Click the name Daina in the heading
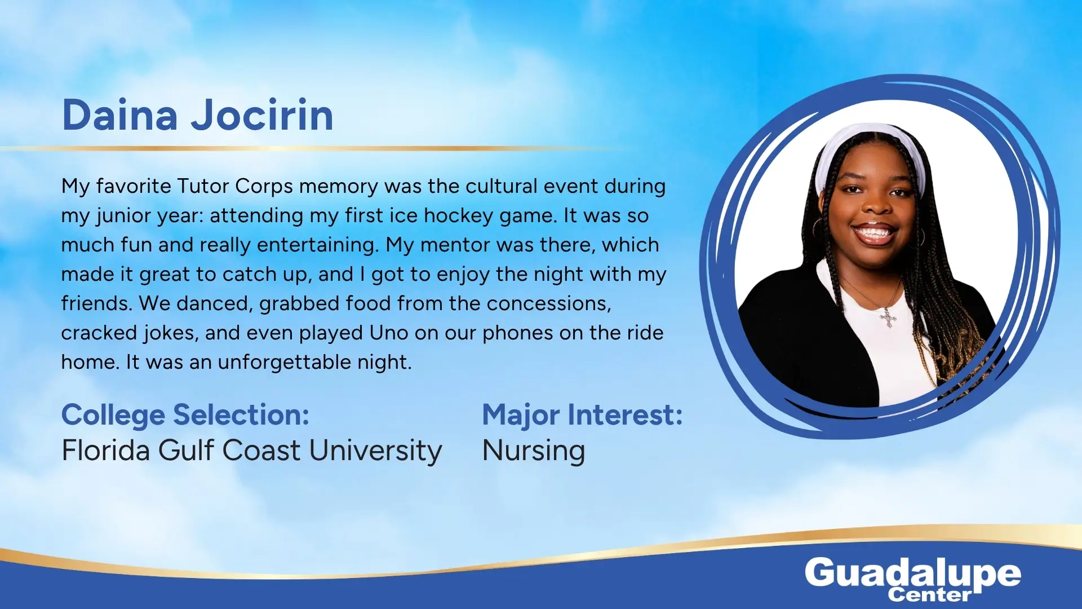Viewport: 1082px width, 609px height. pos(119,115)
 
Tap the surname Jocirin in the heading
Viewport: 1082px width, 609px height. pos(262,115)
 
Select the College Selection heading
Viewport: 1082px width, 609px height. pos(185,416)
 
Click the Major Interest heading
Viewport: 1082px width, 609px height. pos(582,415)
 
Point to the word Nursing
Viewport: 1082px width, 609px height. pos(534,451)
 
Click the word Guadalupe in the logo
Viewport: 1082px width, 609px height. pos(912,574)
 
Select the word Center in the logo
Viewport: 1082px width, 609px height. pos(930,595)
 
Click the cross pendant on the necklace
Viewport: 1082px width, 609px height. pos(888,319)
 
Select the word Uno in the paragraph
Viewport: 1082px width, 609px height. pos(389,333)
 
